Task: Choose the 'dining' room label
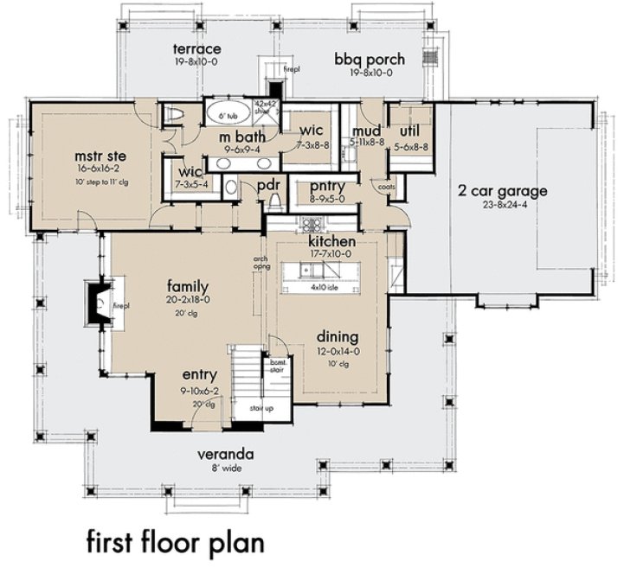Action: point(337,336)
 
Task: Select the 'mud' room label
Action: point(360,131)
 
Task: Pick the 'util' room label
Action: point(407,131)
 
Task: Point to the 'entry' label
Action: point(199,376)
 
